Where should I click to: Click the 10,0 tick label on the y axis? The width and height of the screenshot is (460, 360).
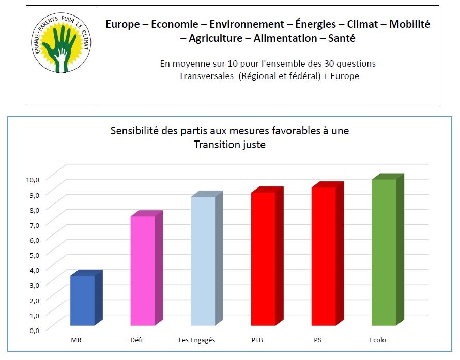coord(33,180)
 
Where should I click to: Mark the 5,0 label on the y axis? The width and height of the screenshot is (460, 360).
coord(34,255)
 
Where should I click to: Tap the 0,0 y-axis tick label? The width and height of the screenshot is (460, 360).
coord(34,331)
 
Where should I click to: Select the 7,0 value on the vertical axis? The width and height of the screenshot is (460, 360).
coord(34,225)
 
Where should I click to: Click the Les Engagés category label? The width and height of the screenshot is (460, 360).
coord(197,340)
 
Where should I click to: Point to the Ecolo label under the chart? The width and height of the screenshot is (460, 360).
coord(378,340)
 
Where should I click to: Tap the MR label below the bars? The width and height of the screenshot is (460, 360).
coord(76,340)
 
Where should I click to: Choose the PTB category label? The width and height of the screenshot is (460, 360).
coord(257,340)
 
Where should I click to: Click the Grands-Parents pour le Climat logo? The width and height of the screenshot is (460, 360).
coord(61,42)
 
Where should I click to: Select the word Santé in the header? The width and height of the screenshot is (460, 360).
coord(342,38)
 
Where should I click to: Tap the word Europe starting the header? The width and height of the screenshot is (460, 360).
coord(122,24)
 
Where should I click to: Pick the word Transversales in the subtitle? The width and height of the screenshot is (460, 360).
coord(206,76)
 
